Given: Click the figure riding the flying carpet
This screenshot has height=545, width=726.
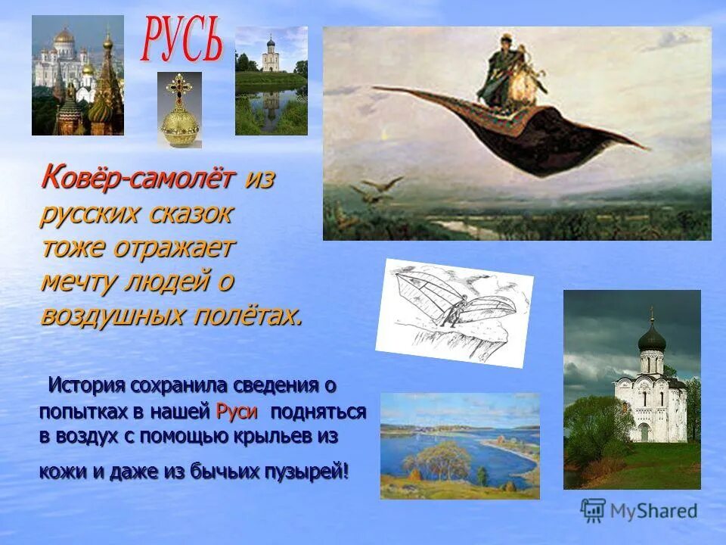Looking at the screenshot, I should pos(502,76).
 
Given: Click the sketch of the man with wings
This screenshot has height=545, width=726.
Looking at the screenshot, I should pos(454,311).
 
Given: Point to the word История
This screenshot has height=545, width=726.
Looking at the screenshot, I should pos(86,385).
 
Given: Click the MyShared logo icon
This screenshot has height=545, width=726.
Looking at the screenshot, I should pos(593,511).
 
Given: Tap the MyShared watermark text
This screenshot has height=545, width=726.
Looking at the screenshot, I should pos(654,512).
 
